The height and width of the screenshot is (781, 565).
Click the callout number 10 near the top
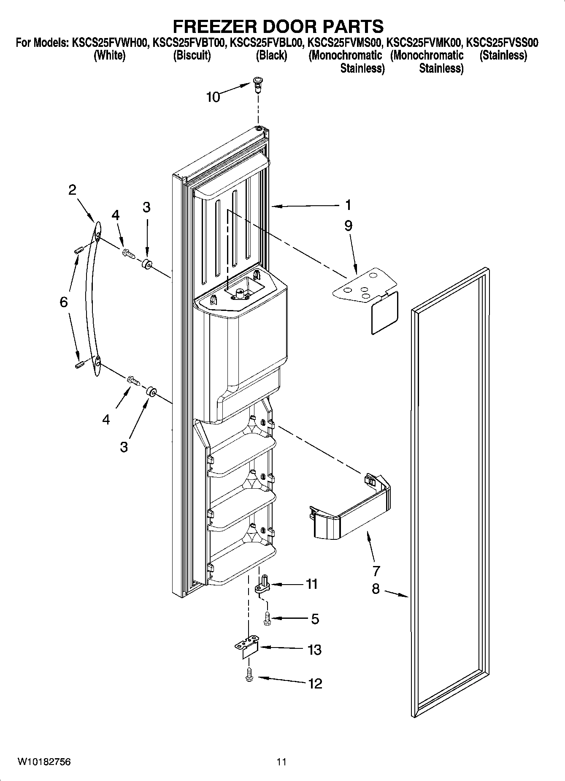(213, 97)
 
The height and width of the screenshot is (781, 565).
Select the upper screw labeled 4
(127, 253)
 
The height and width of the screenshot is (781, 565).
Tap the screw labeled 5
(267, 618)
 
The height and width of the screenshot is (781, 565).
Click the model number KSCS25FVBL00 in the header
(267, 42)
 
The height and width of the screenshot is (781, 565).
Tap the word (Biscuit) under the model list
(192, 55)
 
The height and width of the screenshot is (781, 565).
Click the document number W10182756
(44, 762)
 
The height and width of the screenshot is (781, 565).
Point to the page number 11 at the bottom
(281, 762)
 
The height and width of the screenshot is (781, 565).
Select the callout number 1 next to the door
(348, 205)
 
